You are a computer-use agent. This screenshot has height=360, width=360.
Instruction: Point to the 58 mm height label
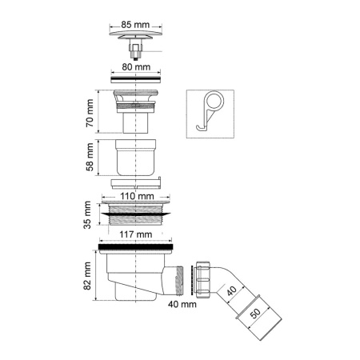(x=90, y=158)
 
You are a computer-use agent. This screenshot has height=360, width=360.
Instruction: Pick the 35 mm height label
(x=90, y=215)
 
